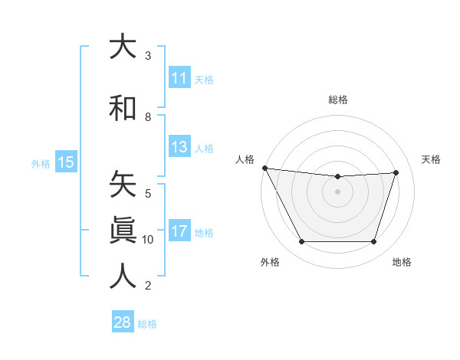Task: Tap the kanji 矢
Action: [x=123, y=184]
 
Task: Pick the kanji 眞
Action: [x=123, y=230]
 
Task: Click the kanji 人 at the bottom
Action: [x=123, y=276]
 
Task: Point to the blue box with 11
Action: [x=179, y=78]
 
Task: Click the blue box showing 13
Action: [x=179, y=147]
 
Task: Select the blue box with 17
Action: [x=179, y=231]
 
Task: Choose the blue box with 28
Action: [x=122, y=322]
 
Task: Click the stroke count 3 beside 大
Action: [x=148, y=56]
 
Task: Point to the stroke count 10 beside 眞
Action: [x=148, y=240]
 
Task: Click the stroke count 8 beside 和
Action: [x=148, y=117]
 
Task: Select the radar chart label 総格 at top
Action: [x=337, y=100]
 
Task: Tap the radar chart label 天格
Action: [x=432, y=159]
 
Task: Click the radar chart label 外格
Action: [x=270, y=262]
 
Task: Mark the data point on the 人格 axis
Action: [x=264, y=168]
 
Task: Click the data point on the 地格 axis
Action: [x=373, y=242]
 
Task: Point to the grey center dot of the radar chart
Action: [x=337, y=191]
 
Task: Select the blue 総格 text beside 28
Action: [x=147, y=324]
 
